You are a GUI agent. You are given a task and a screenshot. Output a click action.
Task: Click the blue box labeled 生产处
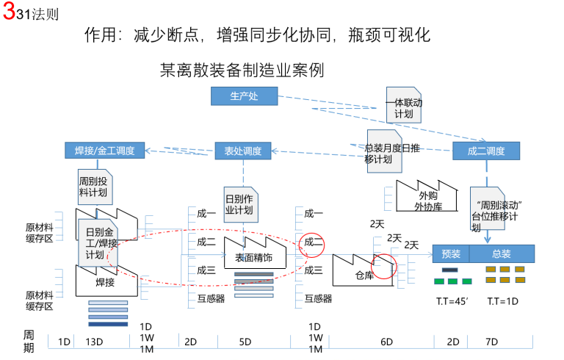(244, 96)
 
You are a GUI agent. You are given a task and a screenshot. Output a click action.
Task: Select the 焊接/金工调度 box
(104, 151)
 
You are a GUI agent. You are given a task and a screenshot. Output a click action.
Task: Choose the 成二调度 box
(485, 151)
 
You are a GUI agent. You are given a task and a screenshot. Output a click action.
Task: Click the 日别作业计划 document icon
(239, 202)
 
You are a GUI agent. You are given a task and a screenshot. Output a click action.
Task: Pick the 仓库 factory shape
(364, 271)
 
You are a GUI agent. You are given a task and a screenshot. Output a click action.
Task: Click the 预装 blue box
(450, 254)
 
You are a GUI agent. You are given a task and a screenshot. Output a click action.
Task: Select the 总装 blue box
(502, 254)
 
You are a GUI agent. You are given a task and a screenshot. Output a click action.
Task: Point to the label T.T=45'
(450, 300)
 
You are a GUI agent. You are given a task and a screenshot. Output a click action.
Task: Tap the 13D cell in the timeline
(93, 342)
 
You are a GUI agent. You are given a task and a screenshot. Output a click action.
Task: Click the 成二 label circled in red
(313, 242)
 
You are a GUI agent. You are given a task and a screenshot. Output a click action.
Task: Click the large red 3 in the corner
(8, 13)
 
